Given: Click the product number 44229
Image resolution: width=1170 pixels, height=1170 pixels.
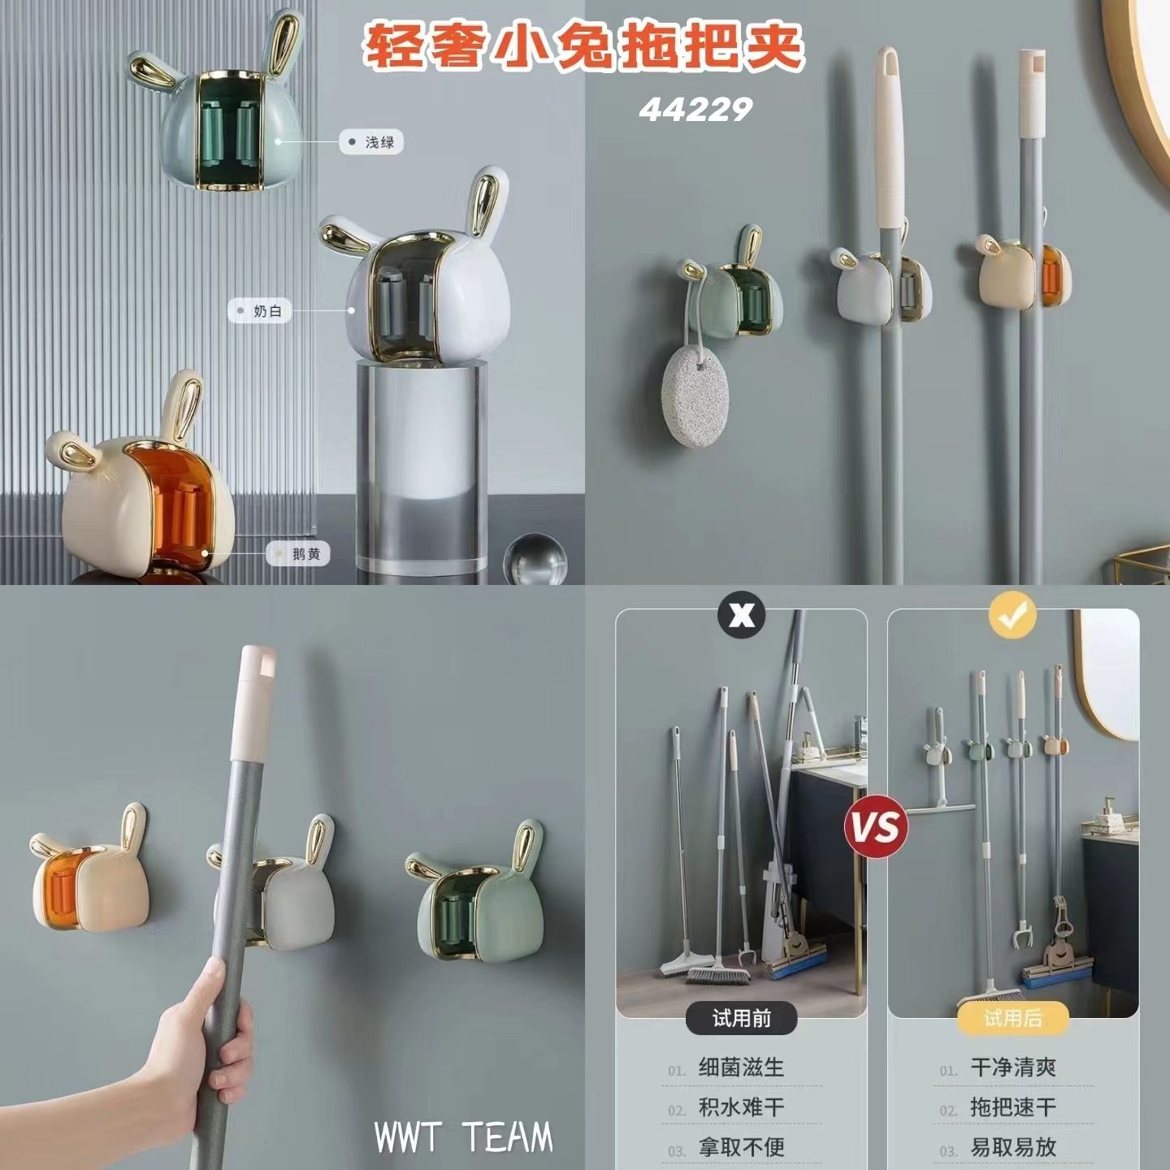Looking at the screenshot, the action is [x=695, y=110].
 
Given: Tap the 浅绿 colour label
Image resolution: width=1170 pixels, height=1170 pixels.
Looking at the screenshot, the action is [x=371, y=142].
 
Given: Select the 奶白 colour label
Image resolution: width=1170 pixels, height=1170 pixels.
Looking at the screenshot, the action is [x=260, y=311].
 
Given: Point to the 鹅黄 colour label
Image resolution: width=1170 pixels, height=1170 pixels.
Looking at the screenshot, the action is [x=299, y=554].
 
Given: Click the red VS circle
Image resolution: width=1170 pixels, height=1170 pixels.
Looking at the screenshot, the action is [x=876, y=826].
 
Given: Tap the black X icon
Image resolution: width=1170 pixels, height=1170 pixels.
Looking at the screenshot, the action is [x=741, y=615].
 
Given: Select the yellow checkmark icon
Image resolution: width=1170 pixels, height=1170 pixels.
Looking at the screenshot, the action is [x=1012, y=615].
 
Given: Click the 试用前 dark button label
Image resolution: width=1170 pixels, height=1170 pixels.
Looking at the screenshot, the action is [x=741, y=1018].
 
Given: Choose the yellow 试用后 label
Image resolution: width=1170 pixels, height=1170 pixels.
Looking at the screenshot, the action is [x=1012, y=1018].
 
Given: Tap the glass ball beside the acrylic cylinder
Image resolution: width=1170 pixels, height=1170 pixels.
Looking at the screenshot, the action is [x=535, y=559].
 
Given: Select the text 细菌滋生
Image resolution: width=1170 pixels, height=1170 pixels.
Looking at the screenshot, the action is [x=741, y=1068].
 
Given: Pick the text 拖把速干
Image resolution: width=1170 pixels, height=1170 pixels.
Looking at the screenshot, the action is [x=1013, y=1107].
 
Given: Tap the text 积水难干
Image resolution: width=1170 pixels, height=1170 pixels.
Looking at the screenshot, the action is [x=741, y=1107].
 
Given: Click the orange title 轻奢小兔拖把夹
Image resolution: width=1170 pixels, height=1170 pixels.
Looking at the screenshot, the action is [x=583, y=47].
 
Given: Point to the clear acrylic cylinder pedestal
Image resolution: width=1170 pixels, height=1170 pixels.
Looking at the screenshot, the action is [x=422, y=465].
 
